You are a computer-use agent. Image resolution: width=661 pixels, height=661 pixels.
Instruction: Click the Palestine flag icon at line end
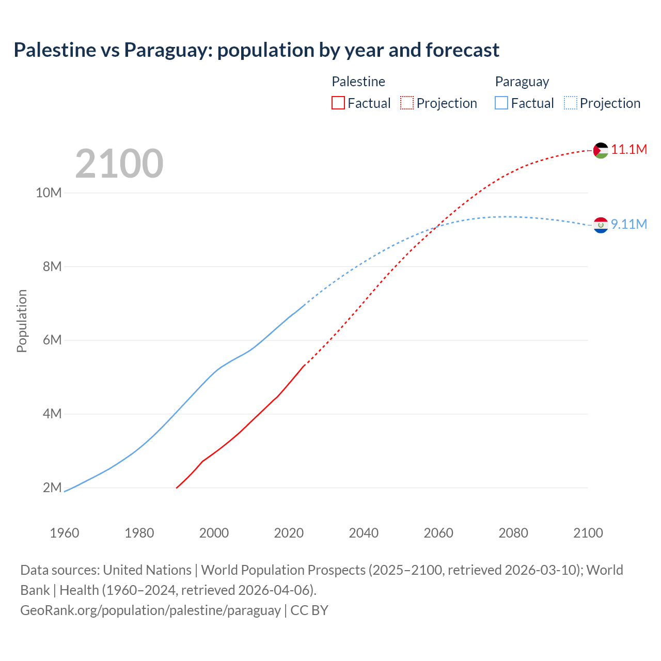point(601,150)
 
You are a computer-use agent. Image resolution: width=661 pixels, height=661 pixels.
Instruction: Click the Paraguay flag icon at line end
point(601,225)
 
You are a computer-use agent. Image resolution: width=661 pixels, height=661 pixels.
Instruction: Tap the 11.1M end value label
point(629,150)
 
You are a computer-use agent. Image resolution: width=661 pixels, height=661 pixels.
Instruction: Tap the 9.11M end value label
point(629,224)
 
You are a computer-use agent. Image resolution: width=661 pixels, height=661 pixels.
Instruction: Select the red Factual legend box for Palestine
point(338,103)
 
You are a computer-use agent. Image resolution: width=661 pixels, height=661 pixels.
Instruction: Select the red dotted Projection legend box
point(407,103)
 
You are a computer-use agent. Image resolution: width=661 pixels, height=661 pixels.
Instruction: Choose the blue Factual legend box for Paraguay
point(501,103)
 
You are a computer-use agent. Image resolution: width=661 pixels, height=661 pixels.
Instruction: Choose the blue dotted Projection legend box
point(571,103)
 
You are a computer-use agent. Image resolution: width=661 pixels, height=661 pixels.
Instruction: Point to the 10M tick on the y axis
point(49,193)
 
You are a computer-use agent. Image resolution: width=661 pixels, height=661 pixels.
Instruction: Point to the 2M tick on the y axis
point(52,487)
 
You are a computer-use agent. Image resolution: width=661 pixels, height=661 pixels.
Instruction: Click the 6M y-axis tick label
point(52,340)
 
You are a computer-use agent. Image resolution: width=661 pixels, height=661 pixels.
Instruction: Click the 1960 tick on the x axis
point(65,533)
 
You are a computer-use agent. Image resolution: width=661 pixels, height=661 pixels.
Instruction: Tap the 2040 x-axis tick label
point(364,533)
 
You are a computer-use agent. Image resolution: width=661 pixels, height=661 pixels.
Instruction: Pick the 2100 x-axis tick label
point(588,533)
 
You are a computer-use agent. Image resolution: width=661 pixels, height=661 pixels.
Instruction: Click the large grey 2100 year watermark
point(119,164)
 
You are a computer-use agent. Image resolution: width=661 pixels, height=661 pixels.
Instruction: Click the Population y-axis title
point(22,321)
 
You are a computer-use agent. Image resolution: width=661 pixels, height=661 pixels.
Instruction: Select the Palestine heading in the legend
point(358,82)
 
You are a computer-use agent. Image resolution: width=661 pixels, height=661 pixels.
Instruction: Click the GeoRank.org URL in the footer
point(150,610)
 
